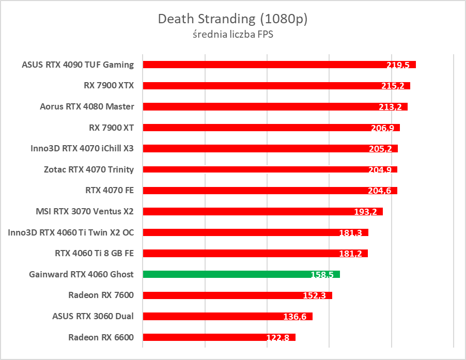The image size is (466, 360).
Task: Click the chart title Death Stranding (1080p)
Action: point(232,20)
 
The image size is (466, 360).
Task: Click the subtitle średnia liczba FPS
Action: point(232,35)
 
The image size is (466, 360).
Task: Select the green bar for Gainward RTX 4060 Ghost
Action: point(241,274)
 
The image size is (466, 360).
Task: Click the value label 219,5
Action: point(398,65)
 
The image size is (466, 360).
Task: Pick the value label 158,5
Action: point(322,275)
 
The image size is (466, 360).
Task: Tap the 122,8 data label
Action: point(277,338)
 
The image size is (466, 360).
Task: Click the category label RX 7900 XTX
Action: point(108,86)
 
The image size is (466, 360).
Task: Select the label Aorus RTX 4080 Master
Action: point(87,107)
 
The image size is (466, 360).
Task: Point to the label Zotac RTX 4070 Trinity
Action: point(89,169)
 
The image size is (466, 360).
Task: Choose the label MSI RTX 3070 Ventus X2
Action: point(85,211)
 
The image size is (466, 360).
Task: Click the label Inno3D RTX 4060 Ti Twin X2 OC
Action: point(71,232)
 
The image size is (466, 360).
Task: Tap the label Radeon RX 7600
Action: point(101,295)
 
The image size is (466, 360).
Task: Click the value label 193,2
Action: point(365,212)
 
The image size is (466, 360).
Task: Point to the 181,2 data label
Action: point(350,254)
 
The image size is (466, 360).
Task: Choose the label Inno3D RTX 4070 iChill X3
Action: point(82,149)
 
